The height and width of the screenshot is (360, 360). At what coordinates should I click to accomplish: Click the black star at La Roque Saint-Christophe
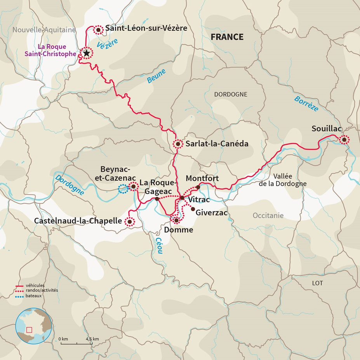(86, 53)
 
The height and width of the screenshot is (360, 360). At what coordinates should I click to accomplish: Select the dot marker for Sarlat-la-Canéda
(178, 144)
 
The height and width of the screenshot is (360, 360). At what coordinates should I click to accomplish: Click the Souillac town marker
(344, 140)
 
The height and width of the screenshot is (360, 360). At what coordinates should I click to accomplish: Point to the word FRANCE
(227, 37)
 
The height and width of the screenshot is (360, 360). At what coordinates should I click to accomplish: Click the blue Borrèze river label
(306, 103)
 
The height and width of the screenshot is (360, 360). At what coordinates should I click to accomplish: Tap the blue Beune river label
(156, 77)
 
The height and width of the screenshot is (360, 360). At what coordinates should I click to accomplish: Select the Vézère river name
(107, 45)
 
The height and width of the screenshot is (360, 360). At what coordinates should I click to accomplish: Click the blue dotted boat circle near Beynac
(122, 190)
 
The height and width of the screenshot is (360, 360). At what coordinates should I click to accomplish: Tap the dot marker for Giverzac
(193, 209)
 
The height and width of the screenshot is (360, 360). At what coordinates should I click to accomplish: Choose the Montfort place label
(202, 178)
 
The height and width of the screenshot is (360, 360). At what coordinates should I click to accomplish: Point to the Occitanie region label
(268, 215)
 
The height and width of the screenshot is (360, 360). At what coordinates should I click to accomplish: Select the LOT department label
(317, 283)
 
